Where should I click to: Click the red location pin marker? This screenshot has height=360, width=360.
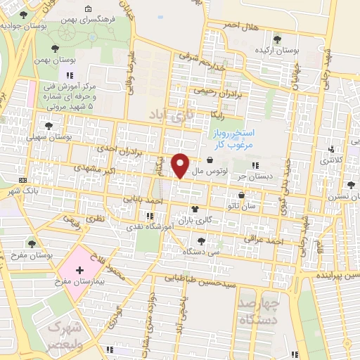tap(181, 165)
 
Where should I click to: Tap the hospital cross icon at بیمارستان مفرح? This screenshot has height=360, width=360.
tap(79, 270)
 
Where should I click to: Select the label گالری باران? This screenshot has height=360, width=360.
tap(194, 220)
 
